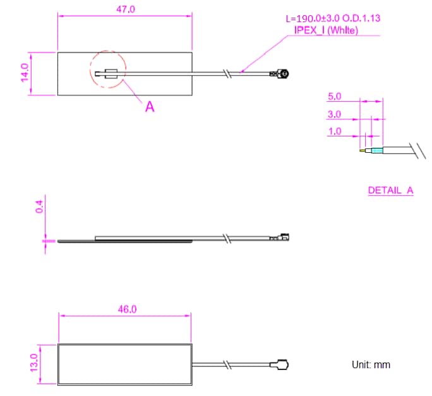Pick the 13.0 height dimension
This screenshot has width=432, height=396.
click(x=33, y=363)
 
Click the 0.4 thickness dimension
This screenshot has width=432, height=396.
click(x=39, y=207)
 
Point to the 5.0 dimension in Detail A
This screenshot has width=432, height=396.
click(x=335, y=97)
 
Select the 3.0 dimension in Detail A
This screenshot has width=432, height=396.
click(x=335, y=114)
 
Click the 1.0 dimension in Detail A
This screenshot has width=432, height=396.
click(x=335, y=131)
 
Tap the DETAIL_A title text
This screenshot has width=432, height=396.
click(x=390, y=190)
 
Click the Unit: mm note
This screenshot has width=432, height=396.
click(x=371, y=365)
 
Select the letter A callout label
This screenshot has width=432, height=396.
click(x=150, y=107)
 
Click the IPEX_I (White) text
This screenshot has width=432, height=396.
click(x=326, y=30)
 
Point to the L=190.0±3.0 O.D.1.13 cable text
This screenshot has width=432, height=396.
click(x=333, y=19)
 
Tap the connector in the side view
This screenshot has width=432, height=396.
click(x=280, y=238)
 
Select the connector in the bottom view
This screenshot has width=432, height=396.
click(x=280, y=365)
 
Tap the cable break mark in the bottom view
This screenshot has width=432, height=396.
click(x=225, y=365)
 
